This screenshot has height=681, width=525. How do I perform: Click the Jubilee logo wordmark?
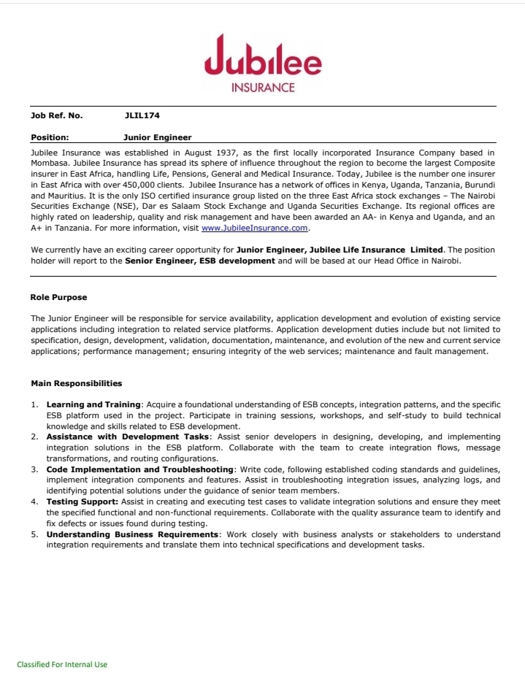point(263,58)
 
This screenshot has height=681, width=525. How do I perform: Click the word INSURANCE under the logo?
point(263,88)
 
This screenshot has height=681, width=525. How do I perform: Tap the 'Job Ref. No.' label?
point(56,115)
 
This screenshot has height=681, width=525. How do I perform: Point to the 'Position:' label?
point(50,136)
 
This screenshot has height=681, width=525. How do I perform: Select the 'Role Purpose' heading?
point(58,297)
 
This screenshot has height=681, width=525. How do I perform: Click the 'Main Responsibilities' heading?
point(76,383)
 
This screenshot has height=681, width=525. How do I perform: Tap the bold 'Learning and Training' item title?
point(93,404)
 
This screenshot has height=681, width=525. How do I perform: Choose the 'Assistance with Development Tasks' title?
point(126,436)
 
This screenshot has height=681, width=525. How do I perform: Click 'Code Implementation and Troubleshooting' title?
point(140,469)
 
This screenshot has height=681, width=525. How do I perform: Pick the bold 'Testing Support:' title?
point(81,501)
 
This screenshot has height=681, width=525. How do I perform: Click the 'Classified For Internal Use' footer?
point(62,664)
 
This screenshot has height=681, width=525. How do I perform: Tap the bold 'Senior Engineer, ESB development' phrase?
point(200,261)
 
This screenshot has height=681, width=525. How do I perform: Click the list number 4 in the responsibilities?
point(34,501)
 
